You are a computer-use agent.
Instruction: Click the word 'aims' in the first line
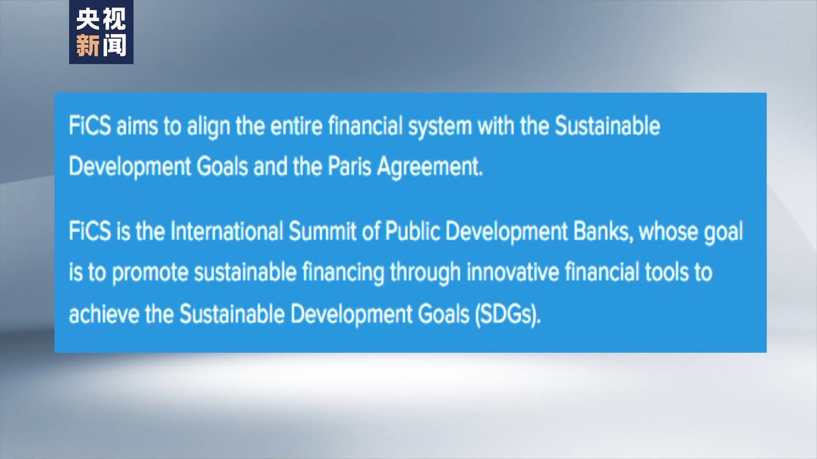[x=137, y=126]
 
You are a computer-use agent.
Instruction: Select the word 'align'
[x=208, y=127]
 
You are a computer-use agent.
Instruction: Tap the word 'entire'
[x=297, y=126]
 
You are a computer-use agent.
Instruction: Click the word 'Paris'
[x=349, y=167]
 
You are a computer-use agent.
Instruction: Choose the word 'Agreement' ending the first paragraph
[x=427, y=167]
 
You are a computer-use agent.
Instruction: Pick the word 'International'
[x=227, y=231]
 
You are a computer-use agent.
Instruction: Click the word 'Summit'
[x=323, y=231]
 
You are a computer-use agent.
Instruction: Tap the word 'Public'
[x=412, y=231]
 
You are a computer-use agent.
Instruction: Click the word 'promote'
[x=150, y=273]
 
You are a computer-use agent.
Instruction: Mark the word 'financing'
[x=343, y=273]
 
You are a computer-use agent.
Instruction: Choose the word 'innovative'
[x=513, y=272]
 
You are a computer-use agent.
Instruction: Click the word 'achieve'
[x=104, y=314]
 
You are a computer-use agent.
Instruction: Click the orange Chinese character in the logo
[x=88, y=46]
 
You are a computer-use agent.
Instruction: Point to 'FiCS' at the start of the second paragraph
[x=90, y=231]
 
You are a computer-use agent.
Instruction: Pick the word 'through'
[x=426, y=273]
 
